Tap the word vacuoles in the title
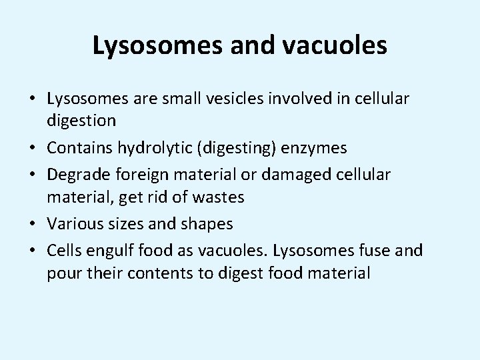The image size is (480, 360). tap(336, 46)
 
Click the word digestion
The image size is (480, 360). tap(81, 121)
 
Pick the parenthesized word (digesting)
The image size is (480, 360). tap(230, 148)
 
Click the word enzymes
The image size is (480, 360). tap(316, 148)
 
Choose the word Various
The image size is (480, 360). tap(74, 224)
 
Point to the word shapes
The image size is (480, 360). tap(207, 224)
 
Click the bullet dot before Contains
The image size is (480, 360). tap(33, 148)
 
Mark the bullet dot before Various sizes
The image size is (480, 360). tap(33, 224)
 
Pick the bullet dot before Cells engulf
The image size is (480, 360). tap(33, 251)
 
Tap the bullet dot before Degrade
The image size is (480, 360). tap(33, 175)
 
